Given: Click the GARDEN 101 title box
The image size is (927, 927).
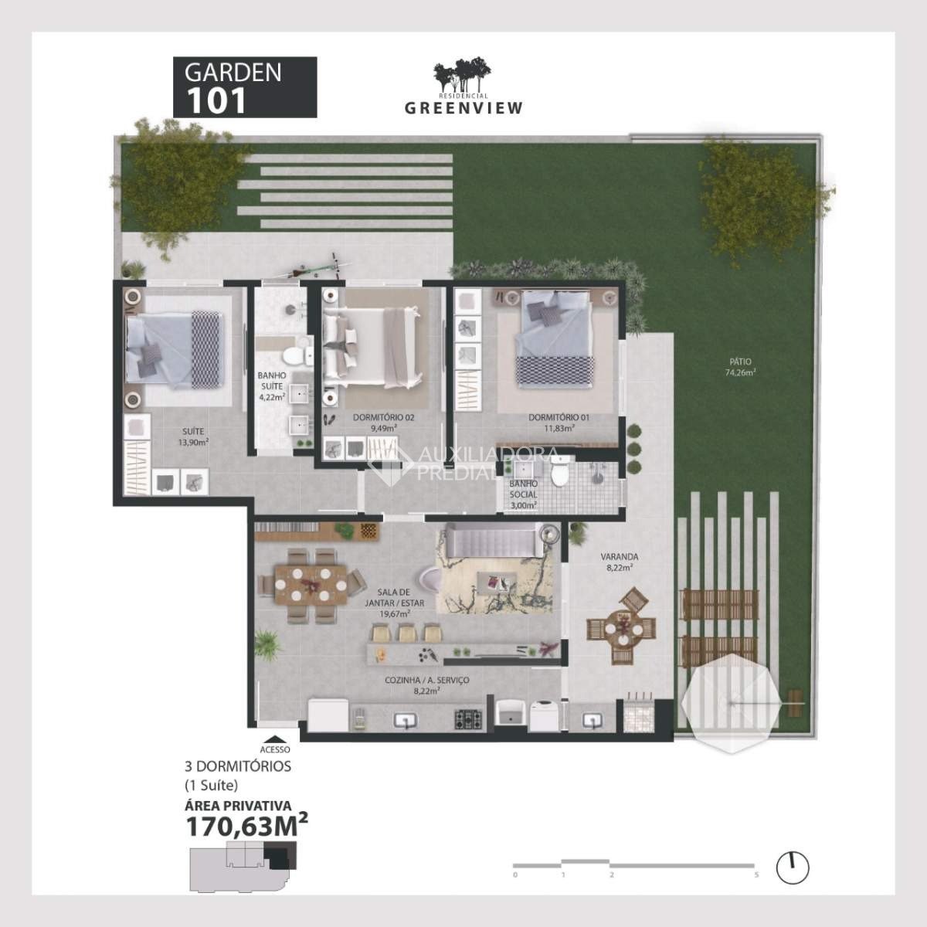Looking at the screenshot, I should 244,87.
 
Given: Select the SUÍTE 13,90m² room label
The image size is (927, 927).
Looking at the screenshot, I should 193,437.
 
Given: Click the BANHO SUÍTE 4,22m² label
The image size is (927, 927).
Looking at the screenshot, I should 271,386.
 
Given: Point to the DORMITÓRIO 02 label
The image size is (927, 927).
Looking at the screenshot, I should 384,422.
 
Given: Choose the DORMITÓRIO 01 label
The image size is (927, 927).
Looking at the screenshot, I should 559,422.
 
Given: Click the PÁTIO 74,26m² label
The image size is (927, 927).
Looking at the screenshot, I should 739,366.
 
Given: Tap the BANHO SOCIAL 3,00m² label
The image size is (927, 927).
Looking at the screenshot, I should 523,494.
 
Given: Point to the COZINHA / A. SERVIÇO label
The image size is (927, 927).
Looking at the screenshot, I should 426,685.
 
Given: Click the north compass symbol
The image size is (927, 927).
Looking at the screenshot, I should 791,868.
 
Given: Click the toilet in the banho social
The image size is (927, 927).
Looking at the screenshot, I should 562,472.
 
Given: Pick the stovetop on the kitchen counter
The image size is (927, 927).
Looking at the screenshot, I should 468,719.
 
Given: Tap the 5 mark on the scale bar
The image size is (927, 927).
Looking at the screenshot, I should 756,874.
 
